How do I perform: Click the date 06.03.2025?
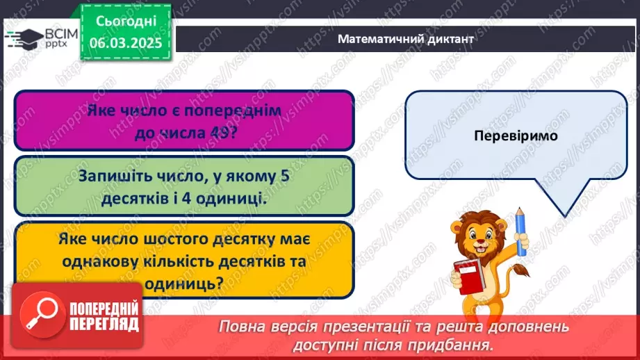pos(125,42)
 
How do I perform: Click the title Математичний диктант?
pos(405,39)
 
